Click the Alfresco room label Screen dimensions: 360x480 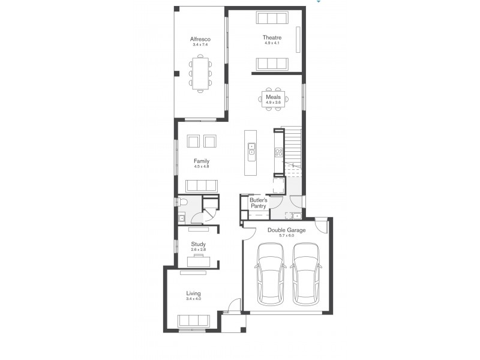[201, 39]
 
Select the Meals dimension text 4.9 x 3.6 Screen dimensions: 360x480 [274, 103]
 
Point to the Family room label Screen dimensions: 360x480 [201, 161]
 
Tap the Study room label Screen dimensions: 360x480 [198, 244]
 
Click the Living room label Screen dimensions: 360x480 [193, 293]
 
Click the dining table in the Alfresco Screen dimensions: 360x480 [200, 73]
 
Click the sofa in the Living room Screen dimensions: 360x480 [194, 321]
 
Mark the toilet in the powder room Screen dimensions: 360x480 [184, 202]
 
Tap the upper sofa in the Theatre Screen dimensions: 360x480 [272, 17]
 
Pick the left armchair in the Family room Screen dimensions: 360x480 [193, 140]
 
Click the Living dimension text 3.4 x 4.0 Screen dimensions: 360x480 [193, 299]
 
